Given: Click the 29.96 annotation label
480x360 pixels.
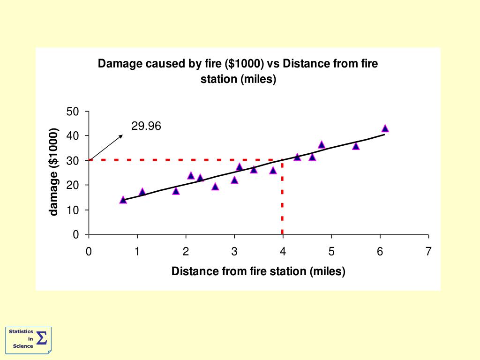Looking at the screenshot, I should click(146, 126).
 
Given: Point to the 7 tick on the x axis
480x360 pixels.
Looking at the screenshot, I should click(428, 252).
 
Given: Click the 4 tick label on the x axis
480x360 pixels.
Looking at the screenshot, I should click(283, 252).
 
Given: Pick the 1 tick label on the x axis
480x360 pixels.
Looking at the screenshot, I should click(137, 252).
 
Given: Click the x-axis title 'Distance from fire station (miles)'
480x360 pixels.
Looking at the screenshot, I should click(258, 271).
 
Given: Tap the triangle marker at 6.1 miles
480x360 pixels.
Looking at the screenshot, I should click(385, 128).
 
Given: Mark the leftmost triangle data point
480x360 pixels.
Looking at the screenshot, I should click(123, 200).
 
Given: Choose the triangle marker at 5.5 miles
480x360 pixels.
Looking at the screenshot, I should click(356, 146).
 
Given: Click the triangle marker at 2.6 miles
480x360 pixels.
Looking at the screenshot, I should click(215, 187).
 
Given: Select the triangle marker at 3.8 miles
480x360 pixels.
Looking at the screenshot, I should click(273, 170).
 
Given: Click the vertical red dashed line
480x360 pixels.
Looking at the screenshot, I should click(282, 202).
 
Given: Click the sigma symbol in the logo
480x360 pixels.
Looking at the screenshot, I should click(41, 338).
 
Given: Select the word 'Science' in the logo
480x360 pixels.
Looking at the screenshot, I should click(23, 346).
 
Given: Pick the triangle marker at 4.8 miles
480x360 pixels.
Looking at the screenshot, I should click(322, 145).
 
